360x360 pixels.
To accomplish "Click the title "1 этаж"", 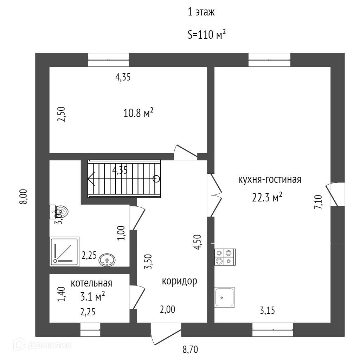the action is [x=201, y=13].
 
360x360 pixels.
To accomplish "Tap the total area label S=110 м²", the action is [x=206, y=35].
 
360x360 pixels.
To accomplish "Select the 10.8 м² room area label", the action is [x=139, y=113].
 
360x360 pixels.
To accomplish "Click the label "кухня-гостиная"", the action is [x=270, y=180].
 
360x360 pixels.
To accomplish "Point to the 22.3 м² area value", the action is [x=267, y=198].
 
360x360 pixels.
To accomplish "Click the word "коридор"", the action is [x=179, y=281].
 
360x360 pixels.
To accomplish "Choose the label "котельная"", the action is [x=91, y=283].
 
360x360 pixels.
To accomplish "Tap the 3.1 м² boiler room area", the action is [x=93, y=297].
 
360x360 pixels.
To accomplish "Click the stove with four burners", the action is [x=225, y=257].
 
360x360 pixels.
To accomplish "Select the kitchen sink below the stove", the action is [x=225, y=297].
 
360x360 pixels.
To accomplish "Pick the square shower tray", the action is [x=65, y=251].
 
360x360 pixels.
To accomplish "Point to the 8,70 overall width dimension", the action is [x=190, y=349].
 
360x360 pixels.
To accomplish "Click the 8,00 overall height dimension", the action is [x=24, y=196].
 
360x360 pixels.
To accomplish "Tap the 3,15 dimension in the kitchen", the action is [x=267, y=310].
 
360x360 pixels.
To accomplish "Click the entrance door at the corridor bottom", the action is [x=165, y=334].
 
